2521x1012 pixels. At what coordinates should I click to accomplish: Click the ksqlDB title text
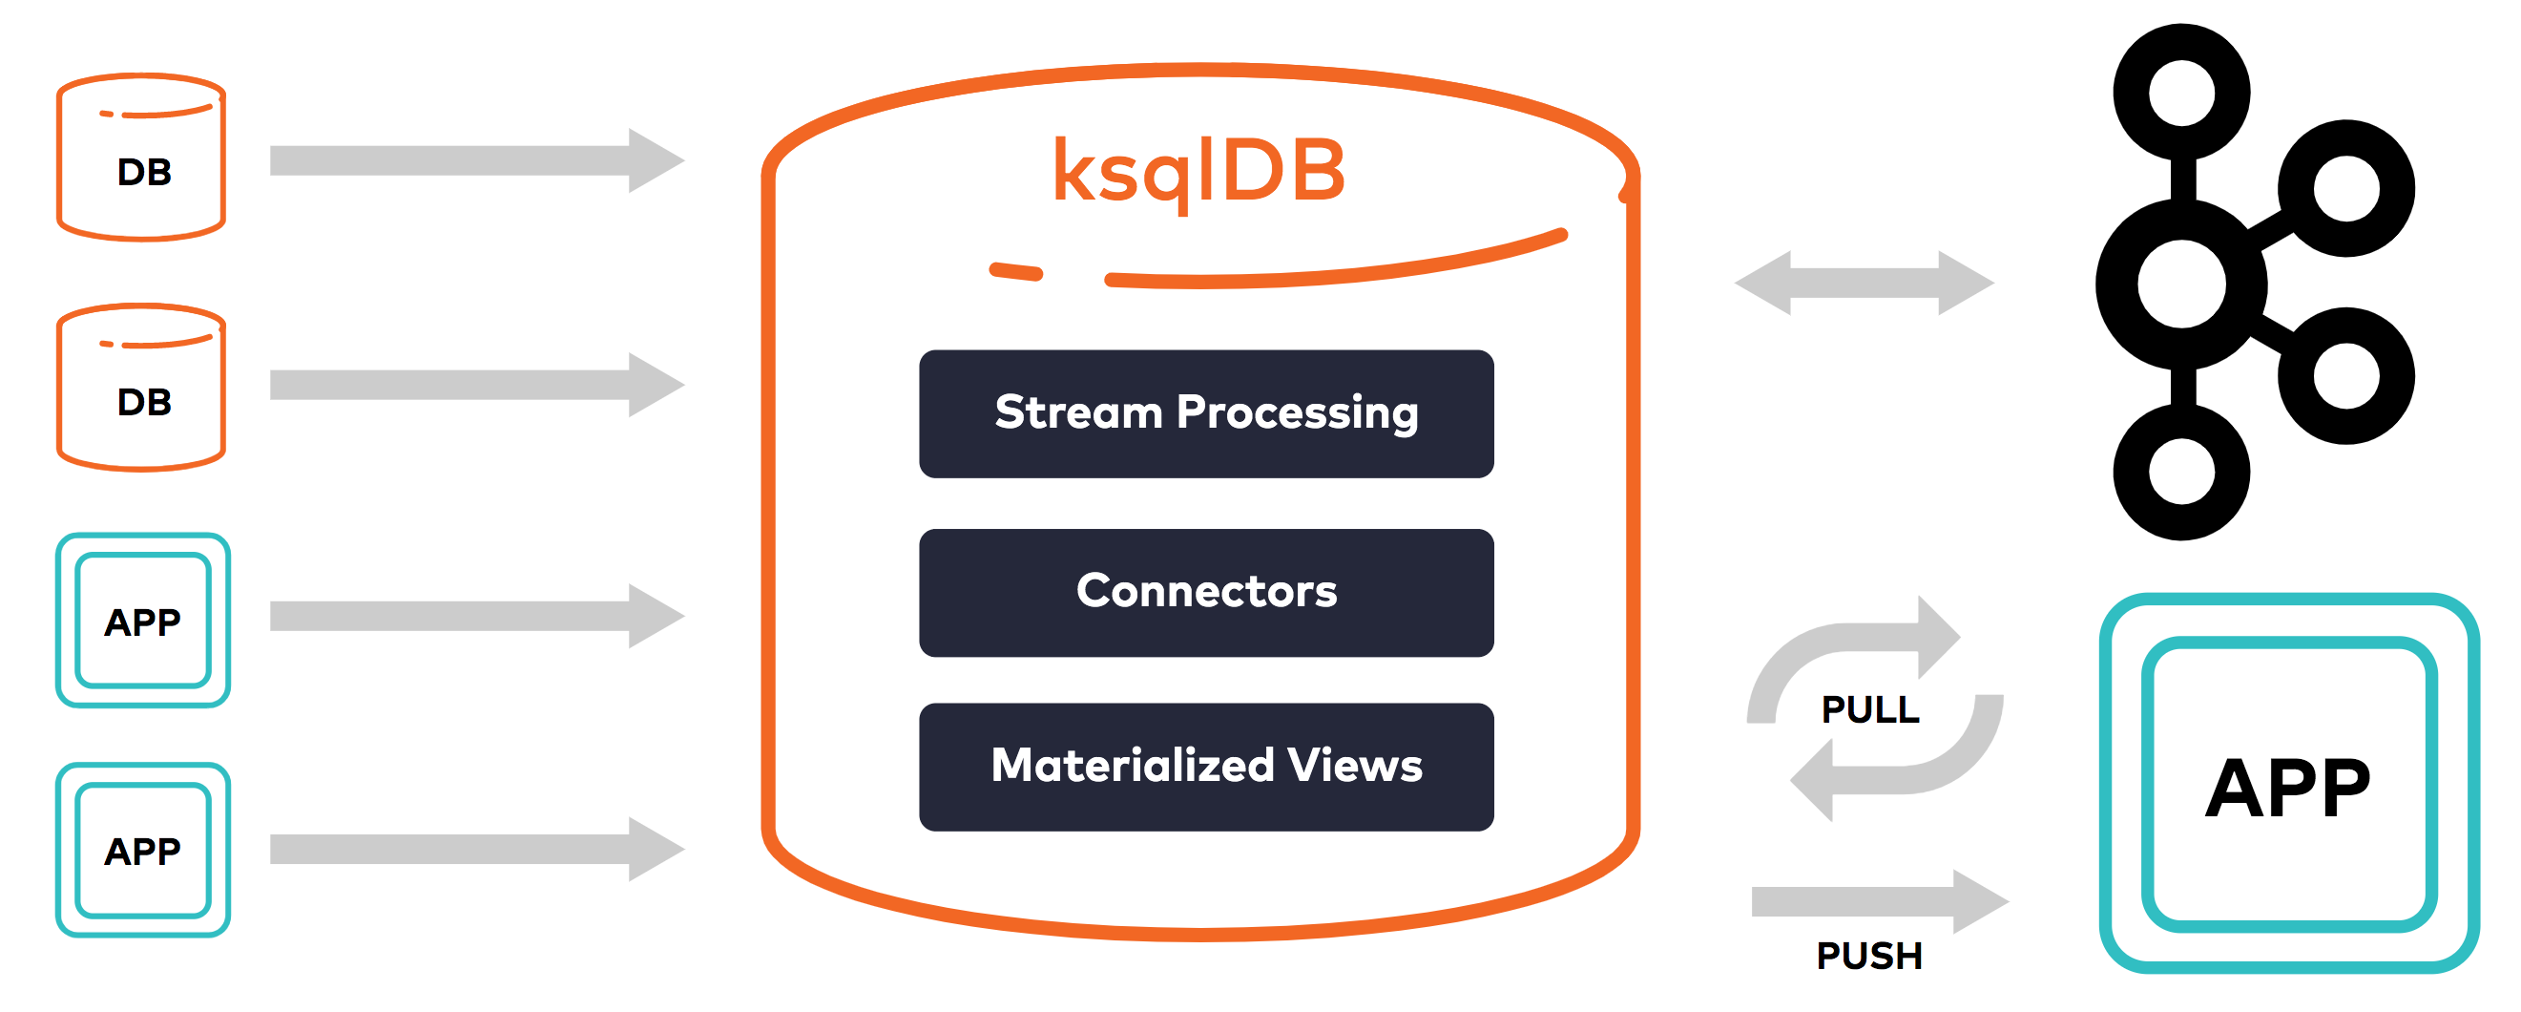tap(1198, 171)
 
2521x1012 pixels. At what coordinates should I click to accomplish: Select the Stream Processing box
tap(1206, 413)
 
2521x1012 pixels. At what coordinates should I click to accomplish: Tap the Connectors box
tap(1206, 592)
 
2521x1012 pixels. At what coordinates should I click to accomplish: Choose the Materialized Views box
tap(1206, 767)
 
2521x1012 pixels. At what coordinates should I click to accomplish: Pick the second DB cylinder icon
tap(142, 389)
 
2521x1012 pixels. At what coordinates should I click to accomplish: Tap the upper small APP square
tap(143, 621)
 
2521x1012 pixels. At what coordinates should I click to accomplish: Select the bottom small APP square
tap(143, 850)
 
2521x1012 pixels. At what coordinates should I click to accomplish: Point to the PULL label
tap(1869, 709)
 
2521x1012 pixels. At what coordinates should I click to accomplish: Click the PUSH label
tap(1869, 956)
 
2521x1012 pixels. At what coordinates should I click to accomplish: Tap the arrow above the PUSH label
tap(1879, 900)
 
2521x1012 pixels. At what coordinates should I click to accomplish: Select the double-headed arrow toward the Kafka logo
tap(1865, 283)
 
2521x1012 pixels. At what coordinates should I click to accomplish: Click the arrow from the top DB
tap(475, 159)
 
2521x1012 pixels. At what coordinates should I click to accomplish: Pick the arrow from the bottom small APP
tap(475, 849)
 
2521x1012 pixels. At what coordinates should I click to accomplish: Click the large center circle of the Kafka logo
tap(2181, 284)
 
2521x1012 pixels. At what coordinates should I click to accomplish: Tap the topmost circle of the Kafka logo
tap(2181, 93)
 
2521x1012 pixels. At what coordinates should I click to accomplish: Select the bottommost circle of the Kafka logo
tap(2181, 472)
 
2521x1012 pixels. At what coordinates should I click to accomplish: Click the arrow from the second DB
tap(475, 385)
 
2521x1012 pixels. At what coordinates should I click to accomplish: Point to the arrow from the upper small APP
tap(475, 616)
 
